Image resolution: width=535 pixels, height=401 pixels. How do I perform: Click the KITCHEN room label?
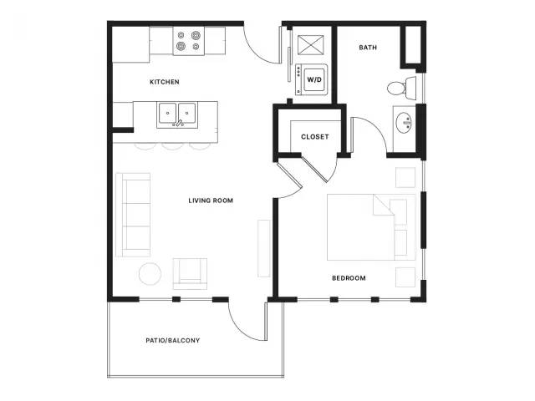tap(165, 82)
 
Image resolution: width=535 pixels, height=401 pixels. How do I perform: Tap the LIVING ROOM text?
tap(211, 200)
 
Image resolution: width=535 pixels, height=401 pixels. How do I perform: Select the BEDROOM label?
tap(349, 278)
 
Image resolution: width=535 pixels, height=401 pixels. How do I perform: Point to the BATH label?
tap(368, 48)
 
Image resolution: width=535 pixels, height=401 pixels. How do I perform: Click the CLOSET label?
tap(315, 137)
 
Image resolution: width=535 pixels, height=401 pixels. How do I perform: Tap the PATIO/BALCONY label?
tap(173, 340)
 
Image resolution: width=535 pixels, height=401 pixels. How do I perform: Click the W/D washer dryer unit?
tap(312, 80)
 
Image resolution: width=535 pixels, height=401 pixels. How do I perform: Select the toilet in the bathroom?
tap(402, 89)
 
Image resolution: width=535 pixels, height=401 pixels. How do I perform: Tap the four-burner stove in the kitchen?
tap(189, 41)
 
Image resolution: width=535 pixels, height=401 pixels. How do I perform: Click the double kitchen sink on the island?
tap(177, 115)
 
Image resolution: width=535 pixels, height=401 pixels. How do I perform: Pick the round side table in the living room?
tap(150, 274)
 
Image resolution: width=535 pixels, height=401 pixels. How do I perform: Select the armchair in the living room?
tap(190, 274)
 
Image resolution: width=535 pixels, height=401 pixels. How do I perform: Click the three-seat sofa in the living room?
tap(133, 215)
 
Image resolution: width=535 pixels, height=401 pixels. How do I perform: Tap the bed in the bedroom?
tap(371, 227)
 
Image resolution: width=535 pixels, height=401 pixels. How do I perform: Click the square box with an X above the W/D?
tap(310, 44)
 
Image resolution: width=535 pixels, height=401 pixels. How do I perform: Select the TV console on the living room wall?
tap(264, 249)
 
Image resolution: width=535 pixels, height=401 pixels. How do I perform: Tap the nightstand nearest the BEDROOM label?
tap(405, 277)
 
